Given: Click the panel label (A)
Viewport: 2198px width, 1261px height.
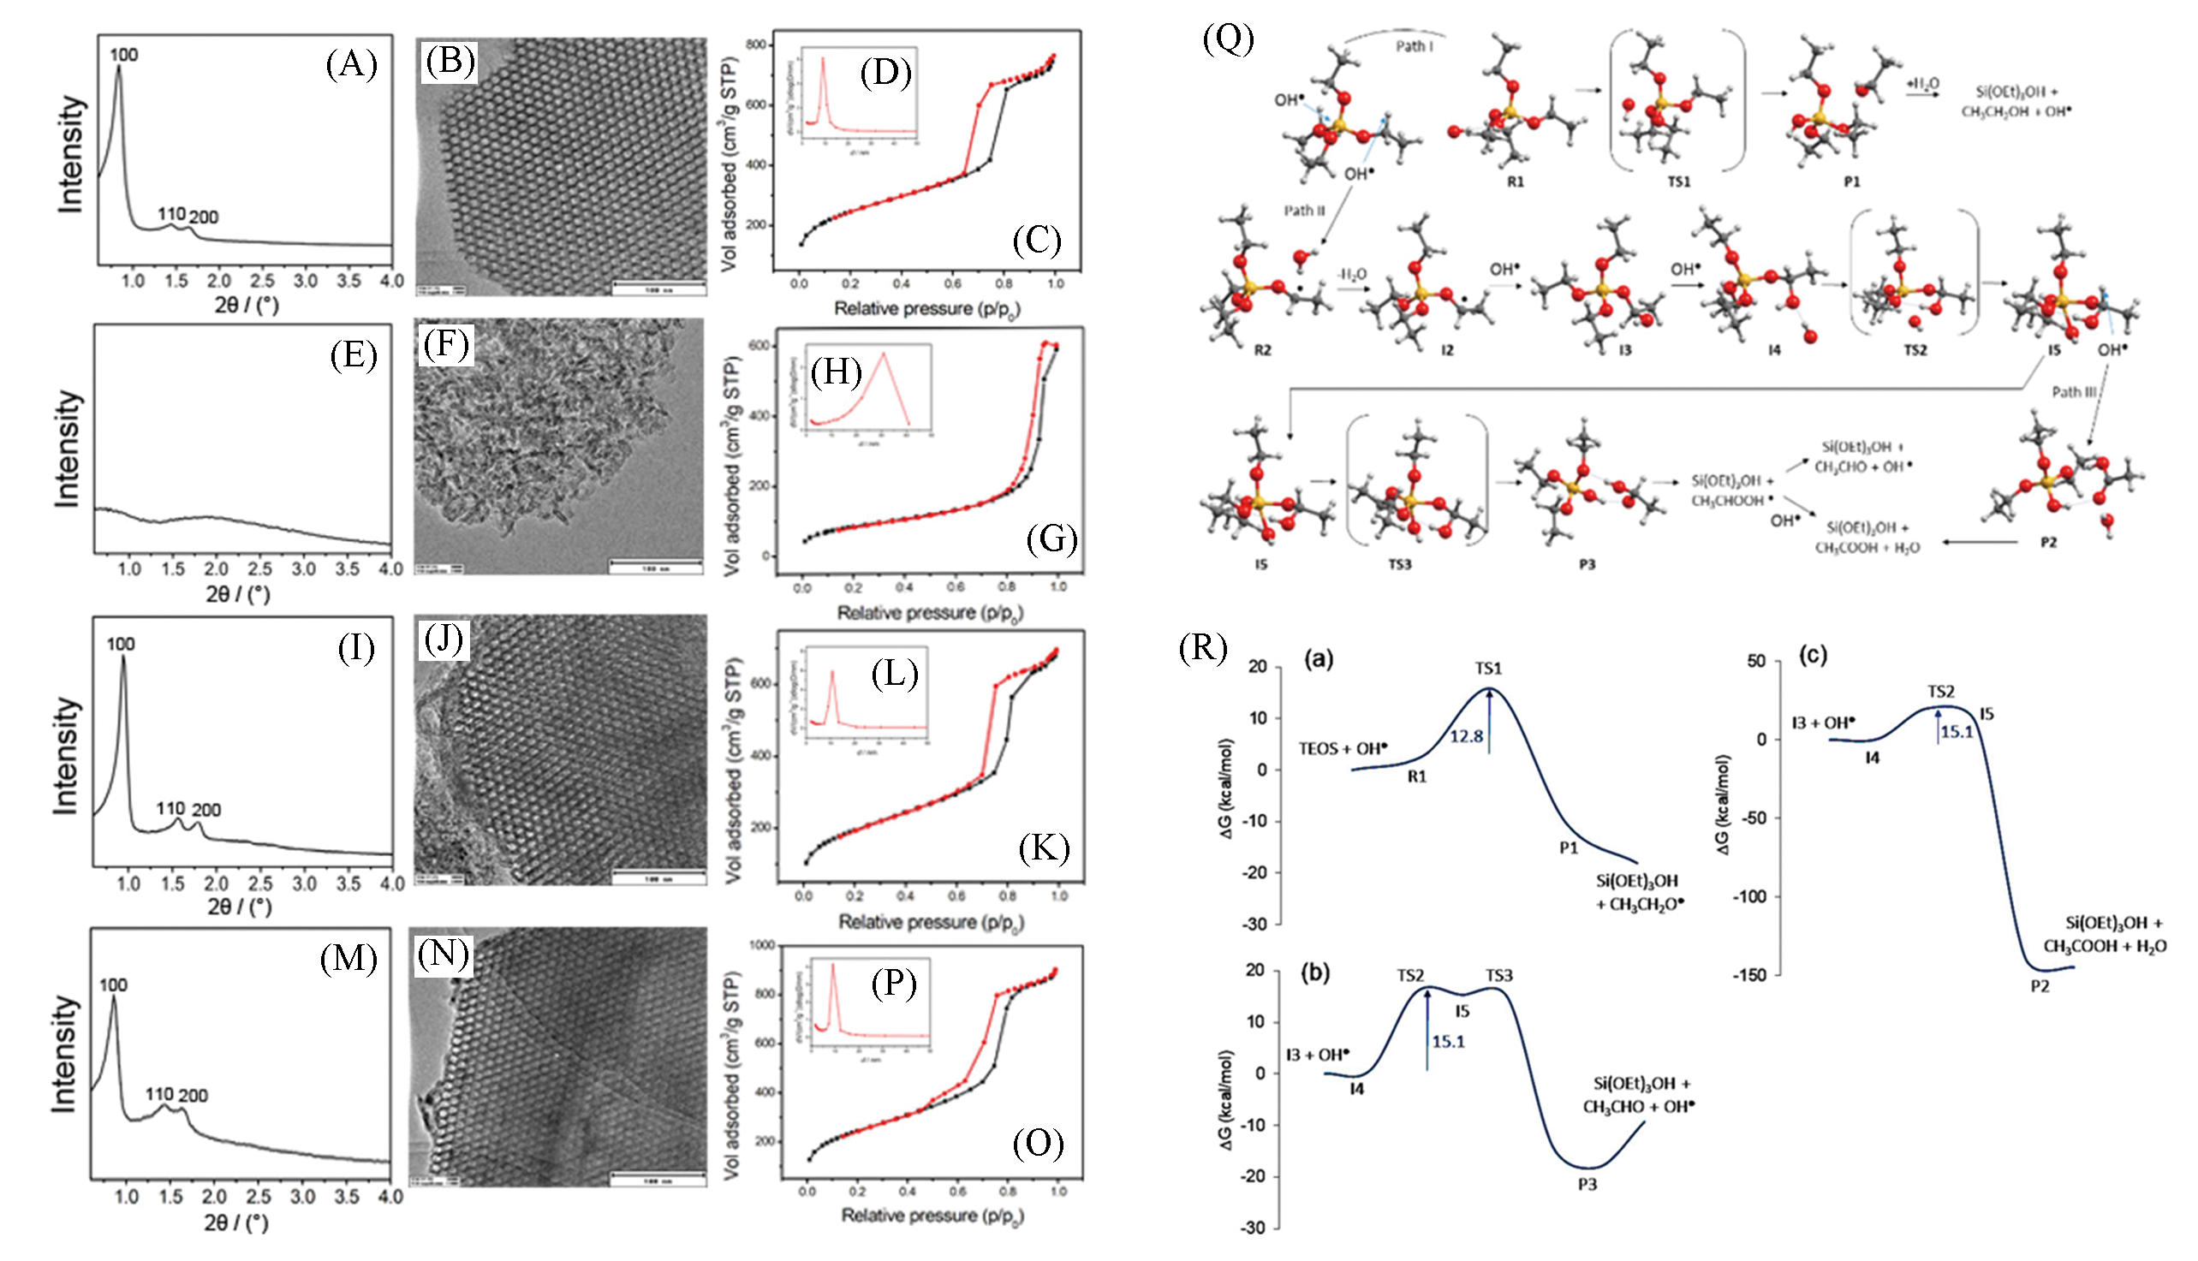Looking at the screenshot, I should point(351,65).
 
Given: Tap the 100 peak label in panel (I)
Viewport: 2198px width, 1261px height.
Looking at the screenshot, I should point(122,644).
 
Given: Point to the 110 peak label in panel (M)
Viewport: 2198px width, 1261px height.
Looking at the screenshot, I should point(159,1094).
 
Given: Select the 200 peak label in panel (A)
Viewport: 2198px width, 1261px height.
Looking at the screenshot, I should point(205,217).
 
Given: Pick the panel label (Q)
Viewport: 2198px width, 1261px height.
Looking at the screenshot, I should point(1228,39).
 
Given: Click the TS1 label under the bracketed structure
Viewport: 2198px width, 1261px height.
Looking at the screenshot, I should point(1678,181).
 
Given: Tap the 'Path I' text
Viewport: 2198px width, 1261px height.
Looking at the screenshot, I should point(1415,46).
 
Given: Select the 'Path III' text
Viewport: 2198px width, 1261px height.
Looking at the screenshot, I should point(2074,391).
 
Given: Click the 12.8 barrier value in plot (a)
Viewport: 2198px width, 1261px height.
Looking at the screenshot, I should point(1467,736).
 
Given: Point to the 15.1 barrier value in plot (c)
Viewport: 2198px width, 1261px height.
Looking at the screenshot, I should point(1956,732).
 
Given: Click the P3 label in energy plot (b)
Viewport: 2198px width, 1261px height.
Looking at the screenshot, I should point(1587,1184).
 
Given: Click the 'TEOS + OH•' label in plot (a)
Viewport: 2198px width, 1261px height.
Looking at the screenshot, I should point(1343,748).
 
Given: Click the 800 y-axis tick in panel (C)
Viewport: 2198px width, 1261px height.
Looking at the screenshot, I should point(756,45).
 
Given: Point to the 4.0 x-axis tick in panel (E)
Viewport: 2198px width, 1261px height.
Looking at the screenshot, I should point(391,569).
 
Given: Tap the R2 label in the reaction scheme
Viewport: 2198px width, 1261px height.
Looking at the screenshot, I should point(1262,350).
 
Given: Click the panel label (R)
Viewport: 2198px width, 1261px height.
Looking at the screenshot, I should point(1203,647).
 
